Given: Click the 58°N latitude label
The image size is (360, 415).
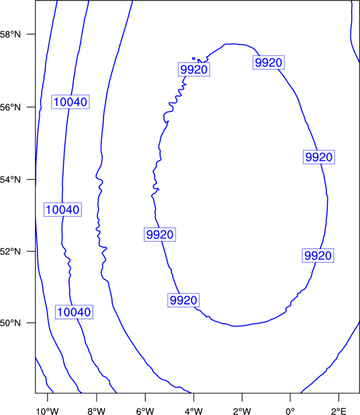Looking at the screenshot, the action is tap(10, 34).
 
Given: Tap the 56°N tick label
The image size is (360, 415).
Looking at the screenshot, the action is tap(10, 107).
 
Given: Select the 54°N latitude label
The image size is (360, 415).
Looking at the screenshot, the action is tap(10, 179).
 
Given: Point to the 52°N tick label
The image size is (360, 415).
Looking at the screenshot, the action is tap(10, 251).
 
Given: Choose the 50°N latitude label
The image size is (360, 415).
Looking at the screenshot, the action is tap(10, 323).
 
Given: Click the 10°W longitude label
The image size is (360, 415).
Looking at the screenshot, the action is tap(47, 411).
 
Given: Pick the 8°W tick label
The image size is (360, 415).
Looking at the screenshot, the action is tap(96, 411).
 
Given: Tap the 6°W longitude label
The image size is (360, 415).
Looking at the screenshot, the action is tap(145, 411).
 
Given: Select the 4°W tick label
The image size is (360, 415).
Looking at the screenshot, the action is tap(194, 411).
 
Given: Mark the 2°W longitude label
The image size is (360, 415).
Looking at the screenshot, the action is tap(242, 411).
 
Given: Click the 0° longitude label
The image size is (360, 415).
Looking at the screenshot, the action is tap(290, 411).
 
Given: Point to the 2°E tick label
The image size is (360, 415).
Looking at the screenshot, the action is tap(339, 411).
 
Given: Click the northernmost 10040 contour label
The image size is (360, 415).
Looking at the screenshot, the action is tap(70, 102).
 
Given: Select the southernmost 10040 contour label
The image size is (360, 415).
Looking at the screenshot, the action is tap(74, 312).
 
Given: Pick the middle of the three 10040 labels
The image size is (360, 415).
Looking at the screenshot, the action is tap(63, 209).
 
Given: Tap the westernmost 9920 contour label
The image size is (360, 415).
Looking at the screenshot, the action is tap(160, 234).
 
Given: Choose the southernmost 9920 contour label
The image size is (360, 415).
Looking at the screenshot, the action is tap(183, 300).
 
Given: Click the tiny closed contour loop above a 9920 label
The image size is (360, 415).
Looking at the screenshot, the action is tap(194, 59).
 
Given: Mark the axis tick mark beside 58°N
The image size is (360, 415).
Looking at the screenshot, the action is tap(31, 34).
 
